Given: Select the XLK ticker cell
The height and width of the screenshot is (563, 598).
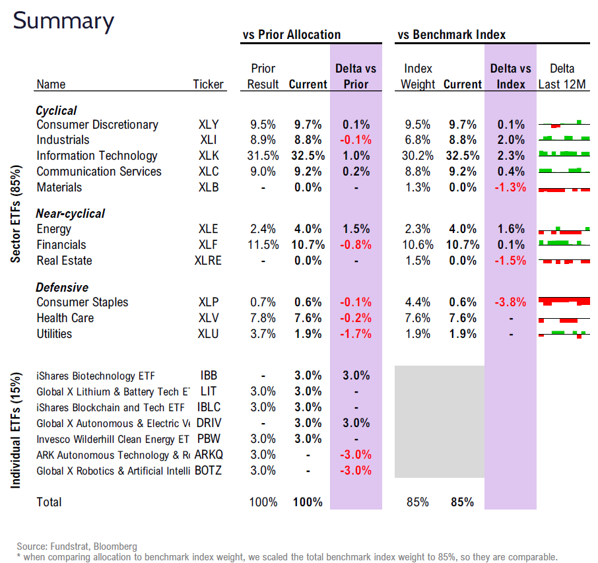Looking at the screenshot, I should pos(208,156).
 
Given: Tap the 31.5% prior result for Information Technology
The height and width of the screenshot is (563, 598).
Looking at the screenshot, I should pos(262,156).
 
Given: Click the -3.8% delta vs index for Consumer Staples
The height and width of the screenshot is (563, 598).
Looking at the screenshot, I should pos(510,302).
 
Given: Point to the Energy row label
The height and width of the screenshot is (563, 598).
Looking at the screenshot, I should pos(54,229).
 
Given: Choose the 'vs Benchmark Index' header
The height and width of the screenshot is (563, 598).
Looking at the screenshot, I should pos(451,35).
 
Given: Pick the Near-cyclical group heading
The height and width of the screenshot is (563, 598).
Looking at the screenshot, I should pos(71,213).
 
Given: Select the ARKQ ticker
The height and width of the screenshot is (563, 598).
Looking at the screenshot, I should pos(209,455).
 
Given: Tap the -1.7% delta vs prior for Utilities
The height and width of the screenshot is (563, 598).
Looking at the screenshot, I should pos(356,334).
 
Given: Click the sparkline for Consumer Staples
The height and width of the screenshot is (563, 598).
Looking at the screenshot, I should pos(564,302).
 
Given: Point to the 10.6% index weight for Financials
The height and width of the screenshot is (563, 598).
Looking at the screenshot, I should pos(417,245).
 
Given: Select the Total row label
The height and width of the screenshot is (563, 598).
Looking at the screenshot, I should pos(49,502).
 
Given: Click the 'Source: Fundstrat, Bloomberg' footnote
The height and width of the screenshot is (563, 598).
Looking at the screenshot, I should pos(77,546).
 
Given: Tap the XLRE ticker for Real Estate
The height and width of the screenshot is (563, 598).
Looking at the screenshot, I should pos(208,261).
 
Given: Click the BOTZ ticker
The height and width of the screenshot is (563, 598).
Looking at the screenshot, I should pos(209,471).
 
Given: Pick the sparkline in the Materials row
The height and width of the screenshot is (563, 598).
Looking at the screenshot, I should pos(564,189).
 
